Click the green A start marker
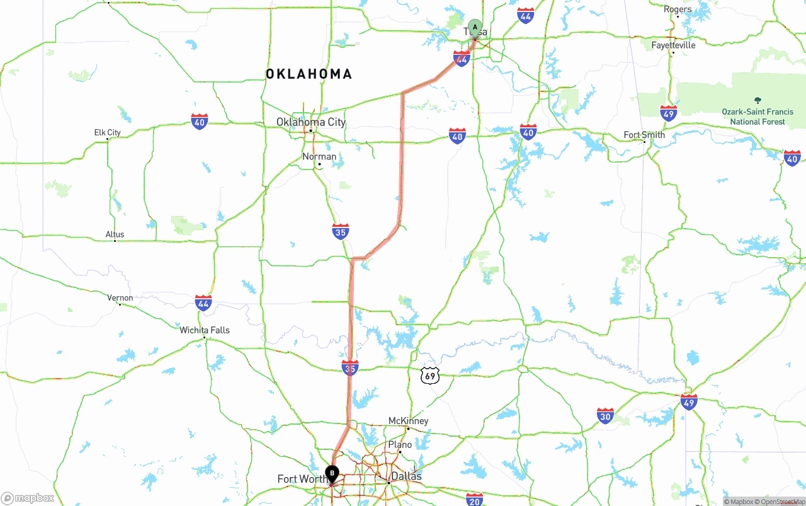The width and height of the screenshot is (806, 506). pyautogui.click(x=475, y=28)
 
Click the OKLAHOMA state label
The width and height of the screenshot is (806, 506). pyautogui.click(x=309, y=74)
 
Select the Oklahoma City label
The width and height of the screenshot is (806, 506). pyautogui.click(x=311, y=122)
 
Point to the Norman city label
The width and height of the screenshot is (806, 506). pyautogui.click(x=319, y=156)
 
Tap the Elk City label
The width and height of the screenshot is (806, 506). pyautogui.click(x=107, y=132)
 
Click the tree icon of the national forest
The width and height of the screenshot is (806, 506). pyautogui.click(x=758, y=100)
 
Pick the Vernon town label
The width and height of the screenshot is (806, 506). pyautogui.click(x=120, y=298)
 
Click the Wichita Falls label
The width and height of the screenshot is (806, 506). pyautogui.click(x=205, y=330)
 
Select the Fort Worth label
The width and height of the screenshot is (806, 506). pyautogui.click(x=301, y=479)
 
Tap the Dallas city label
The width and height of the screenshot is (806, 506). pyautogui.click(x=406, y=476)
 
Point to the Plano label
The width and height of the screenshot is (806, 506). pyautogui.click(x=400, y=445)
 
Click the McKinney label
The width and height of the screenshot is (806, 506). pyautogui.click(x=408, y=421)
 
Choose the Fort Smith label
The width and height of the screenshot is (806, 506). pyautogui.click(x=644, y=135)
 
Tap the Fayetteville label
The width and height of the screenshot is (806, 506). pyautogui.click(x=673, y=45)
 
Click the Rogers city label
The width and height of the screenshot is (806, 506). pyautogui.click(x=678, y=9)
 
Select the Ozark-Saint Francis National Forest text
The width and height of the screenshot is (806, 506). pyautogui.click(x=758, y=117)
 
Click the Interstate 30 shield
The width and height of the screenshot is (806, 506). pyautogui.click(x=605, y=415)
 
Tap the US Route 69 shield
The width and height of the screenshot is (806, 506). pyautogui.click(x=429, y=376)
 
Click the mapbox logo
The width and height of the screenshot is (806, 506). pyautogui.click(x=28, y=498)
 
